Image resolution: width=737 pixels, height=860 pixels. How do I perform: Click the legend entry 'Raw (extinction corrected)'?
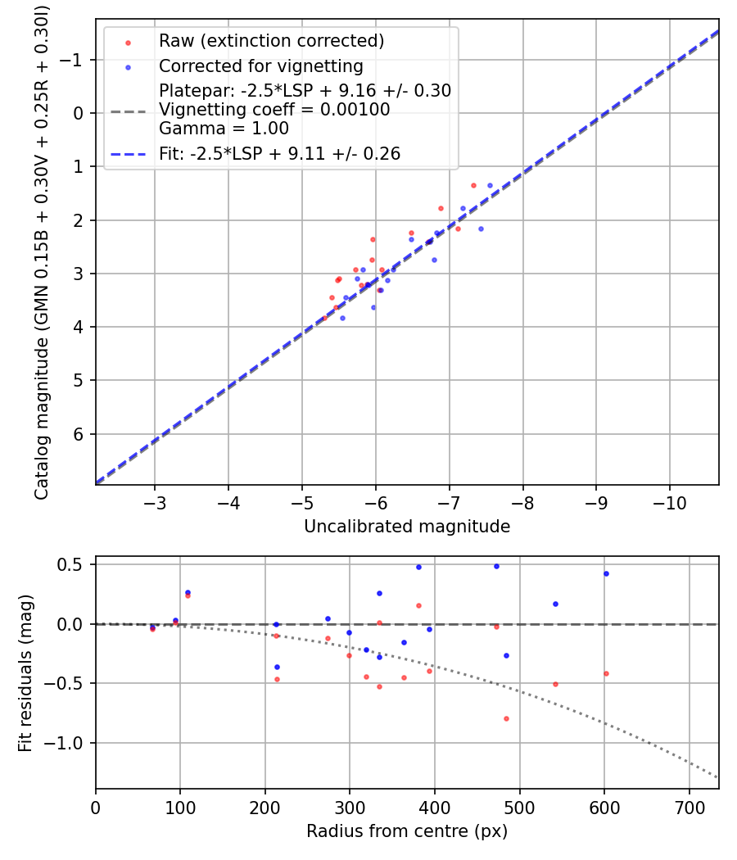point(271,41)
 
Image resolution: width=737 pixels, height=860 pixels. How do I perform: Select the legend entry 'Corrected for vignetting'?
point(260,66)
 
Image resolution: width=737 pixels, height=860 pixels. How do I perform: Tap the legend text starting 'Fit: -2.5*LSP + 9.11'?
point(279,153)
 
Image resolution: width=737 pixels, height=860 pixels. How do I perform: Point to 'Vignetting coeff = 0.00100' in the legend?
point(274,109)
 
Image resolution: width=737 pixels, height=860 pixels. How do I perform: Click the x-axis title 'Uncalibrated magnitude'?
point(407,527)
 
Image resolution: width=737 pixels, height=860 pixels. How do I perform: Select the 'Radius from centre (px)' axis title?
point(407,831)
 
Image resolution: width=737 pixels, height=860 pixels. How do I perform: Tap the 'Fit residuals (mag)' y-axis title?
point(25,673)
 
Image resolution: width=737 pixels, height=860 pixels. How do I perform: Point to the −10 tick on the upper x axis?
point(669,500)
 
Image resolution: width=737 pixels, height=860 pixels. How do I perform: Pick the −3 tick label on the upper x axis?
point(155,500)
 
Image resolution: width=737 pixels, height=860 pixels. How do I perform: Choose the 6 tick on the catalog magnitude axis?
point(79,434)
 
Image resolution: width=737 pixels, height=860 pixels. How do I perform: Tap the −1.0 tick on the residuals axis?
point(68,743)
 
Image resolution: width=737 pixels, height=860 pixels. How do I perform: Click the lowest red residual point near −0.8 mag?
point(506,718)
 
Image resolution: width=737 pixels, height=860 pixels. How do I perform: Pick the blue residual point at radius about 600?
point(606,573)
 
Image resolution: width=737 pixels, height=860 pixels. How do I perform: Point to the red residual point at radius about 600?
point(606,673)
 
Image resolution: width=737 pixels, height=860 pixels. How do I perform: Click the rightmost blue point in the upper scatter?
point(490,185)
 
